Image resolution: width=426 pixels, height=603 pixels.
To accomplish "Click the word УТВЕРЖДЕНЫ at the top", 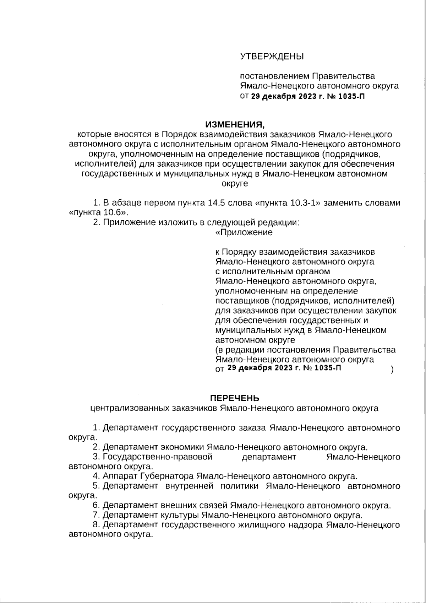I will click(x=272, y=56).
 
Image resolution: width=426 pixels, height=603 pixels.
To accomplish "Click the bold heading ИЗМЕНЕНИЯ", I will click(x=235, y=125).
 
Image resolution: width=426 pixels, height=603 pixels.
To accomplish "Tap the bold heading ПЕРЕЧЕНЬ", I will click(x=235, y=398).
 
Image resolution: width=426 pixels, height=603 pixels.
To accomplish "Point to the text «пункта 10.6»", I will click(x=97, y=212).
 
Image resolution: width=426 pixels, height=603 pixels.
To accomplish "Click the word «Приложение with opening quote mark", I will click(x=244, y=232).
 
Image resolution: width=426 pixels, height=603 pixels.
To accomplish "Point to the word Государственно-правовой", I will click(x=158, y=457).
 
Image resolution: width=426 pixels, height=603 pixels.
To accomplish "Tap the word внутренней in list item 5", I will click(x=189, y=486).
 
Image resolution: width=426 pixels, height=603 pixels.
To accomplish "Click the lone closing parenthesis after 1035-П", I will click(x=392, y=370).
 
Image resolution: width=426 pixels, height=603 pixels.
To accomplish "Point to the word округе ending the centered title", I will click(x=235, y=184).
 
